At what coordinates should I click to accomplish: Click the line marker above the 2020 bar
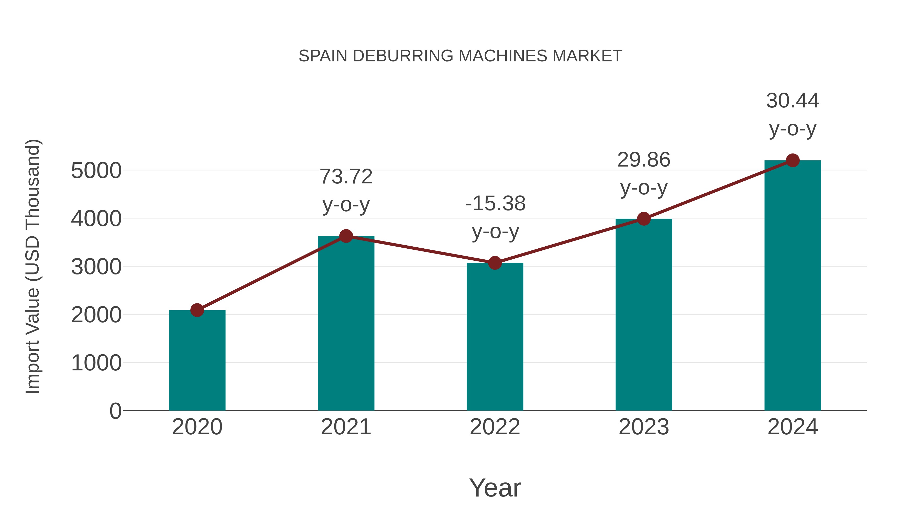pos(197,310)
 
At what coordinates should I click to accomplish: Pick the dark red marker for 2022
pos(495,263)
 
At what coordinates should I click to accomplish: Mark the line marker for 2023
pos(644,218)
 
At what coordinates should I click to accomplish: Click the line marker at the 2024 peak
pos(793,160)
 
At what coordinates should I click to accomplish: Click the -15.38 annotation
pos(495,203)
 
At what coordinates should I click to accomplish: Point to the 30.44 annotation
pos(793,101)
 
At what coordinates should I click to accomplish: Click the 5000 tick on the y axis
pos(96,171)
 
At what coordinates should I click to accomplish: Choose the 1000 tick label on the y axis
pos(96,363)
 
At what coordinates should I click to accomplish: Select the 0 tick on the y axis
pos(115,411)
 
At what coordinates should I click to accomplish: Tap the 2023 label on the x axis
pos(644,427)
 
